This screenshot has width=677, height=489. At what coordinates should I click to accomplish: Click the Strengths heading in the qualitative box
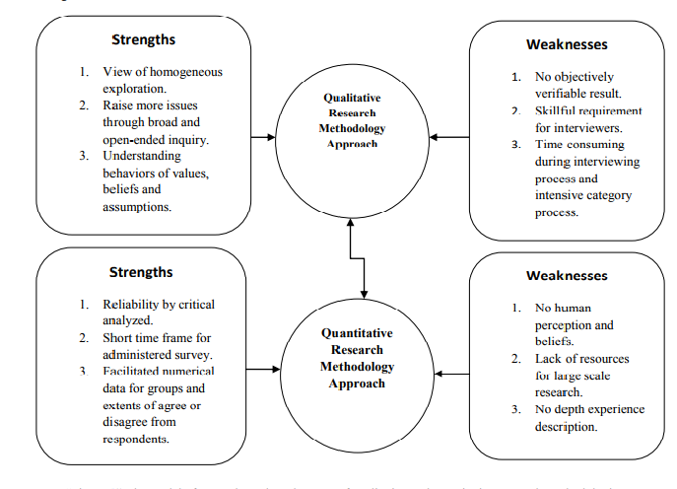pyautogui.click(x=143, y=40)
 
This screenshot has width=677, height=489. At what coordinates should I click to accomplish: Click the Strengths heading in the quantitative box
pyautogui.click(x=141, y=272)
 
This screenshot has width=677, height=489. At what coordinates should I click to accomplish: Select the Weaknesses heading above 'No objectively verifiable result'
pyautogui.click(x=567, y=44)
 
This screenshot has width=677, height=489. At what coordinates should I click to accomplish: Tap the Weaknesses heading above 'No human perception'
pyautogui.click(x=567, y=275)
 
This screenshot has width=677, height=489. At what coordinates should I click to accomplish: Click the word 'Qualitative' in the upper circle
pyautogui.click(x=352, y=98)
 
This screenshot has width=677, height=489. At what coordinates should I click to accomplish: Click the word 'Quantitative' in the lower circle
pyautogui.click(x=357, y=333)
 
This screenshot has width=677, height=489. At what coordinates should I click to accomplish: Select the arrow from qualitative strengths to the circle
pyautogui.click(x=264, y=137)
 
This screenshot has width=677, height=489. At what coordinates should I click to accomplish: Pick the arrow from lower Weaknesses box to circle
pyautogui.click(x=451, y=374)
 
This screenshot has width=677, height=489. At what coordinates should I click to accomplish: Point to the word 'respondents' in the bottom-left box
pyautogui.click(x=136, y=440)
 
